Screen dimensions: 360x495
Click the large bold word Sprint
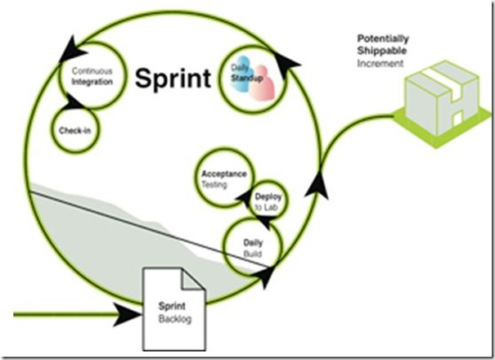[173, 79]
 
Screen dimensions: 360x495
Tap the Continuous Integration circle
[92, 76]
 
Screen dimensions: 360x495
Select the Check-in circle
[74, 130]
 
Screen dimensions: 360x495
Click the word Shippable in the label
[379, 50]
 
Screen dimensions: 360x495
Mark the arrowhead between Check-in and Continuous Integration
[73, 102]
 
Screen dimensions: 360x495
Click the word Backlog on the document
[174, 318]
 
